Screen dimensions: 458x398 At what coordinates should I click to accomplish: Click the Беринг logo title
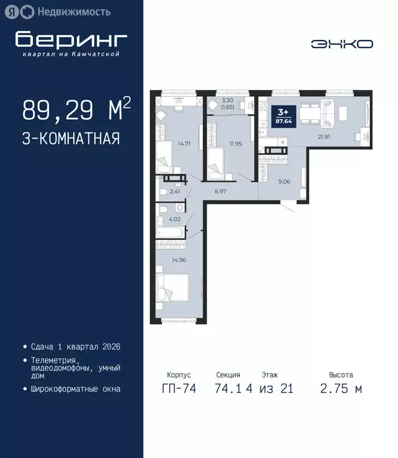point(71,39)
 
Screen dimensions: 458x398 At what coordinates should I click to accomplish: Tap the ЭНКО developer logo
point(342,44)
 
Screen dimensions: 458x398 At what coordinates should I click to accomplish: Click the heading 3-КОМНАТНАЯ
point(71,139)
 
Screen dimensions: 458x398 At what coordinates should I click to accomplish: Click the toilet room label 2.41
point(174,191)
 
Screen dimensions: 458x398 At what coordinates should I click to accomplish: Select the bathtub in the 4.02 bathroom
point(171,233)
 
